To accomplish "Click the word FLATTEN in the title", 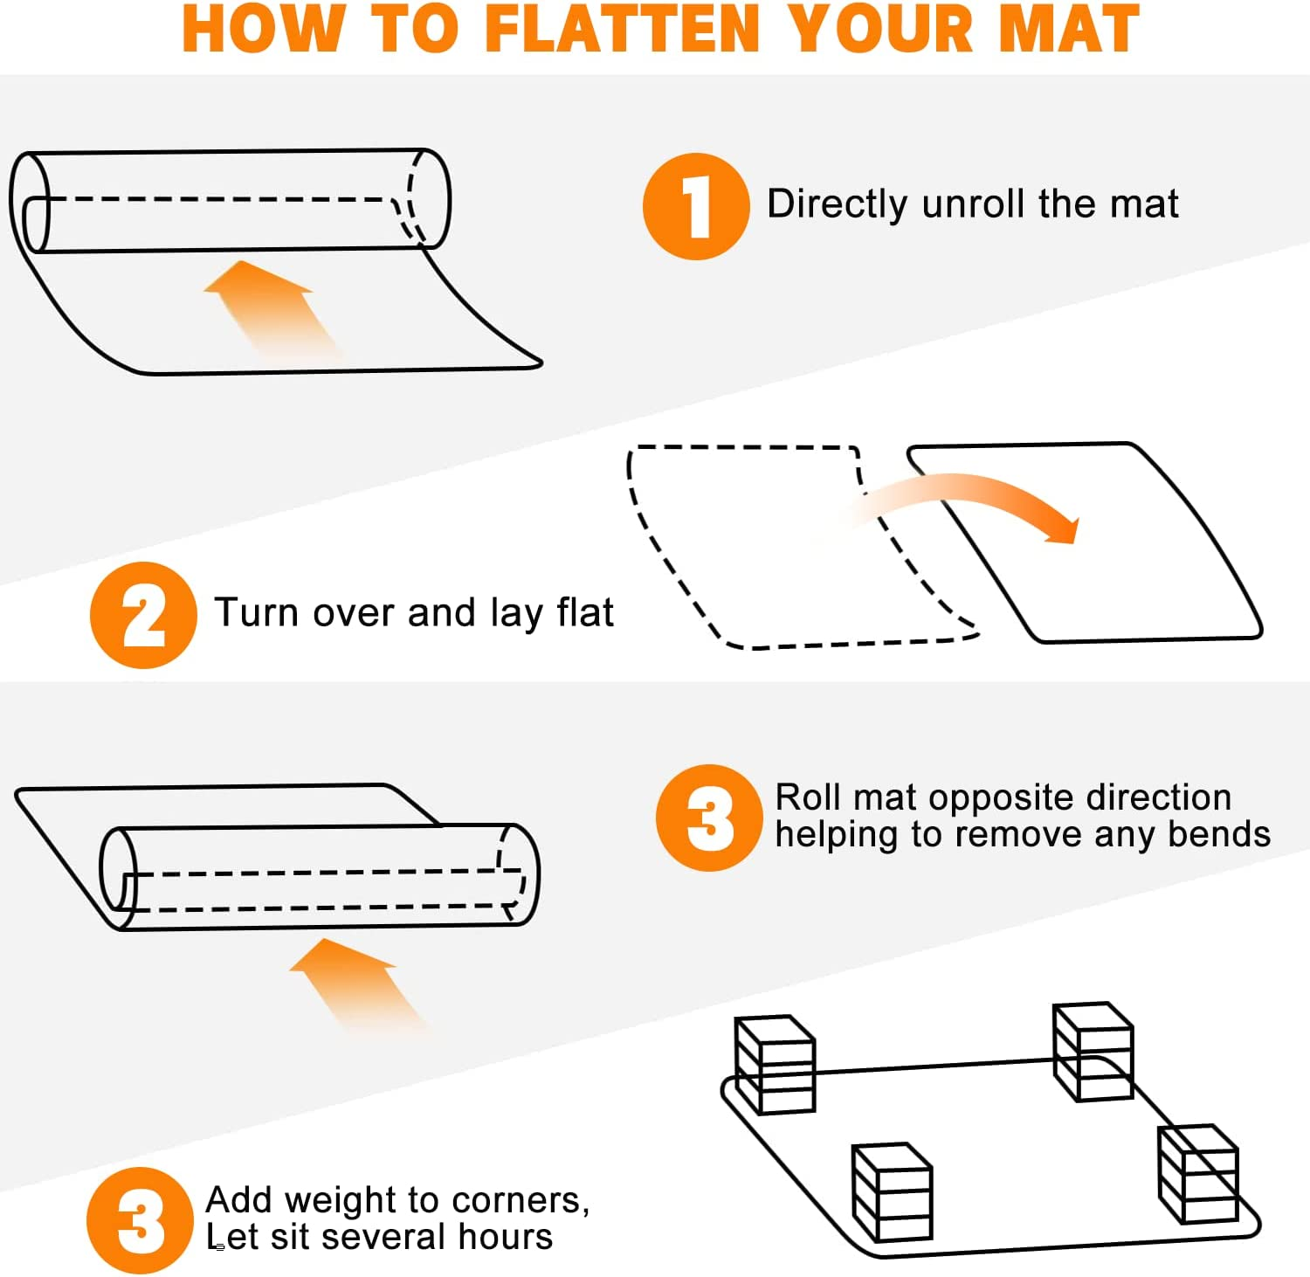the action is tap(623, 29).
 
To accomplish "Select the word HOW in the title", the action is tap(262, 29).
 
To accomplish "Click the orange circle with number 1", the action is tap(696, 206).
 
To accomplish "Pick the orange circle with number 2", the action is tap(143, 615).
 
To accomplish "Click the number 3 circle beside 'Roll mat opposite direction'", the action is tap(709, 818).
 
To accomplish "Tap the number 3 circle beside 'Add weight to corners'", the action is tap(140, 1220).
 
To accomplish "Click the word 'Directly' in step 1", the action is tap(838, 204).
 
